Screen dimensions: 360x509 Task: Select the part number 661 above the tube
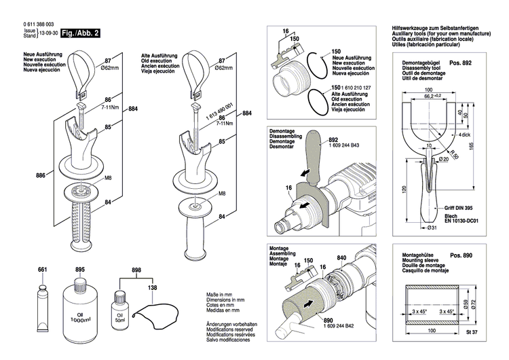pos(42,270)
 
